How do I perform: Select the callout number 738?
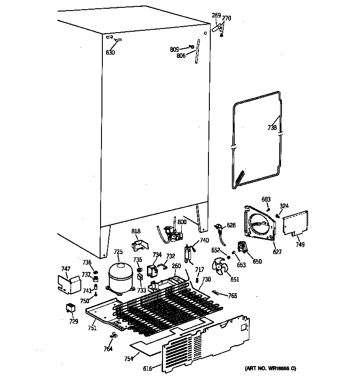pos(272,128)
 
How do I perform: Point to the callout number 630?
pos(110,53)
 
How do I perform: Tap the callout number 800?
pos(182,222)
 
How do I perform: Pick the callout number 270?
pos(227,18)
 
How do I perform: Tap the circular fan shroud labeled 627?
pos(260,225)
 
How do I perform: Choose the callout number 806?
pos(182,56)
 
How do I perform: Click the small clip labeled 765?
pos(217,292)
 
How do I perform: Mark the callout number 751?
pos(92,328)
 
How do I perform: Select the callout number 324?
pos(285,205)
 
